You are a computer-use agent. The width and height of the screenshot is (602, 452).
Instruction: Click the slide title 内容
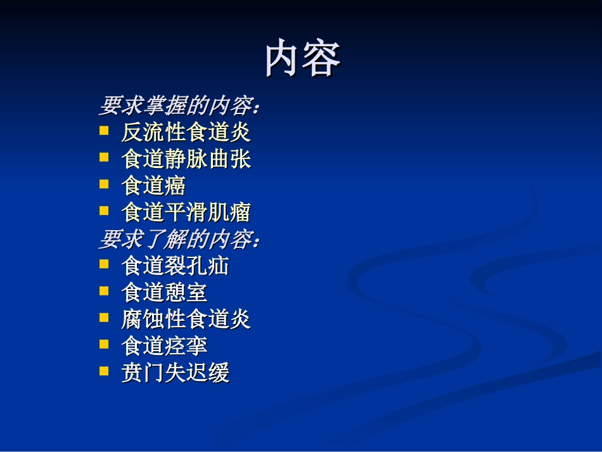pyautogui.click(x=303, y=59)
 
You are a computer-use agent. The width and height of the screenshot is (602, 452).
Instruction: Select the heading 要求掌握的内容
pyautogui.click(x=179, y=106)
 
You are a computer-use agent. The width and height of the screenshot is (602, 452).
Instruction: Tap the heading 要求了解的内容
pyautogui.click(x=179, y=240)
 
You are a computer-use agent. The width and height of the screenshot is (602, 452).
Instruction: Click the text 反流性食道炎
pyautogui.click(x=186, y=132)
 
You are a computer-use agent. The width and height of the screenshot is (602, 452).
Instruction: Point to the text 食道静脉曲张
pyautogui.click(x=186, y=159)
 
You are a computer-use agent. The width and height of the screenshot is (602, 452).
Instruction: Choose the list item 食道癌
pyautogui.click(x=153, y=186)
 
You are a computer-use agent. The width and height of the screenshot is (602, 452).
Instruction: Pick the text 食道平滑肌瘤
pyautogui.click(x=186, y=212)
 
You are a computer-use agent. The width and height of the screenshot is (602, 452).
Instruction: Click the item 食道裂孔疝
pyautogui.click(x=175, y=266)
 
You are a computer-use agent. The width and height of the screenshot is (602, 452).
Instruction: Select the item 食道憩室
pyautogui.click(x=164, y=292)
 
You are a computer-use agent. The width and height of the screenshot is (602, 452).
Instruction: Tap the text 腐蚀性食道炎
pyautogui.click(x=186, y=319)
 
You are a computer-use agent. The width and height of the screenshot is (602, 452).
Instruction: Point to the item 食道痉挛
pyautogui.click(x=164, y=345)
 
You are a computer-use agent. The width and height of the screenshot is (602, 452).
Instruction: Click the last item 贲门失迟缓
pyautogui.click(x=175, y=373)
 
